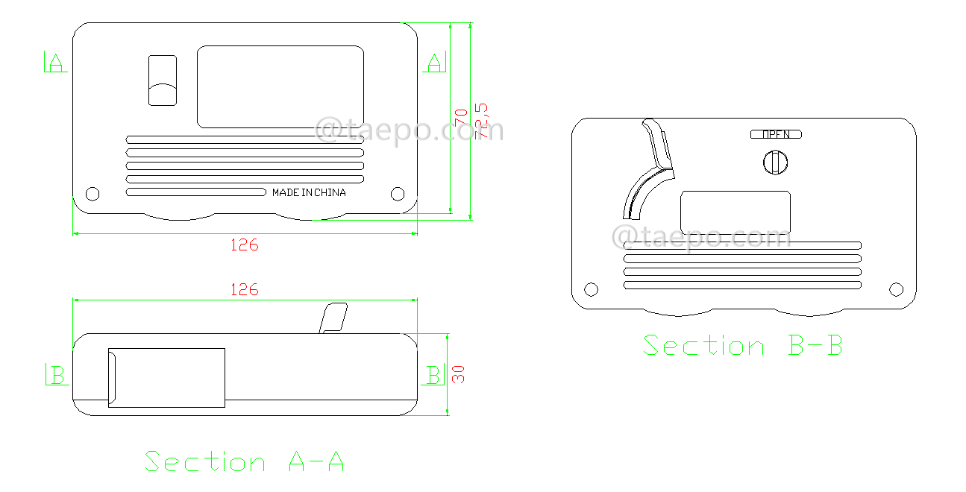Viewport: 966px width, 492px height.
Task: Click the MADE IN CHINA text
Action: [x=309, y=192]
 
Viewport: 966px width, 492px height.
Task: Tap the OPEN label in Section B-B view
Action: [x=776, y=135]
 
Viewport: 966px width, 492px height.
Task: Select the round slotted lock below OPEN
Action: [x=776, y=162]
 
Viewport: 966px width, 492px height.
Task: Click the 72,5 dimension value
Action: [x=482, y=121]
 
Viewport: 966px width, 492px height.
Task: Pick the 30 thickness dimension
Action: [x=460, y=374]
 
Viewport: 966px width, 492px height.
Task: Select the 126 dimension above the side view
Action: [x=244, y=289]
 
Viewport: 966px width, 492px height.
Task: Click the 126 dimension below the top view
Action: [x=244, y=245]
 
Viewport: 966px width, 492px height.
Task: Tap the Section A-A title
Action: [x=245, y=461]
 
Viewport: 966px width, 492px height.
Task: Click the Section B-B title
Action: [x=743, y=346]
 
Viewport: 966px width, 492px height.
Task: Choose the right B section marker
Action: [x=433, y=375]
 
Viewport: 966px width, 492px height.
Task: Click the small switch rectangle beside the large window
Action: [x=163, y=81]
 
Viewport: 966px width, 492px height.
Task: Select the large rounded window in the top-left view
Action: [x=280, y=86]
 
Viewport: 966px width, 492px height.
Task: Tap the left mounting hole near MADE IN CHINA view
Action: [x=92, y=194]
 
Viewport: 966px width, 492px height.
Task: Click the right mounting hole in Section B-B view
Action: [x=897, y=289]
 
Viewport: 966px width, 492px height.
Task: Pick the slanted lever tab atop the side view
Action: [x=333, y=318]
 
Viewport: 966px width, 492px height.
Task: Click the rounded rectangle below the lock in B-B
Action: [x=736, y=212]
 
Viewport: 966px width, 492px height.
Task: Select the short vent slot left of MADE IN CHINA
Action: [x=196, y=192]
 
